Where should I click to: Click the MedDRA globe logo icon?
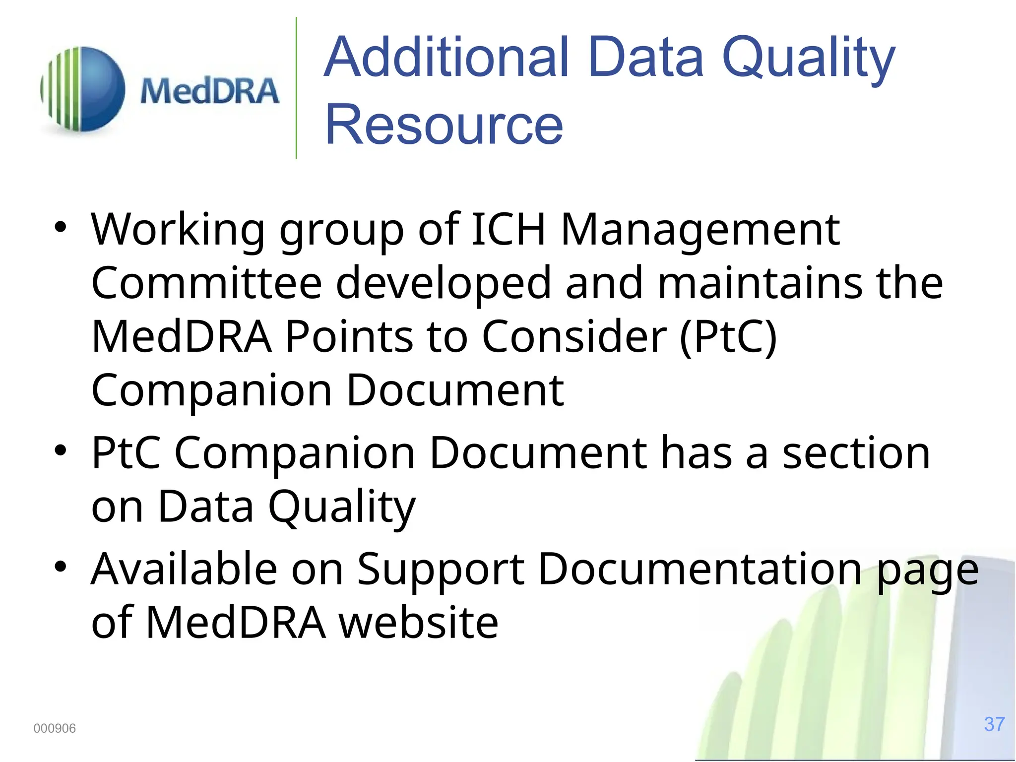click(83, 89)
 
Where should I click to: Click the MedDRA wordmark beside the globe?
click(209, 91)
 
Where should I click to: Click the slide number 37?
click(994, 724)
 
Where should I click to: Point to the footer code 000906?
click(55, 728)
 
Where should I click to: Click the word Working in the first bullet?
click(178, 230)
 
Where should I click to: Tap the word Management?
click(700, 230)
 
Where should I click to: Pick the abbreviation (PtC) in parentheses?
click(728, 337)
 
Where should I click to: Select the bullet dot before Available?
click(61, 567)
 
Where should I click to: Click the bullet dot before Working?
click(61, 227)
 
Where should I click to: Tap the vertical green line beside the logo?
click(296, 88)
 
